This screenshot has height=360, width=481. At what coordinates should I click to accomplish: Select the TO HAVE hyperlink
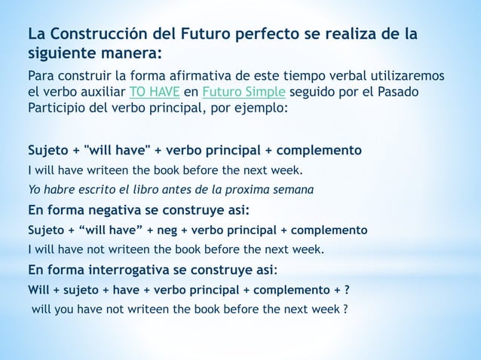154,92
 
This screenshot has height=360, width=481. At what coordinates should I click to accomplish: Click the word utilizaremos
404,76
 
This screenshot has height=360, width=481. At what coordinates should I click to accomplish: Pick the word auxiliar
105,92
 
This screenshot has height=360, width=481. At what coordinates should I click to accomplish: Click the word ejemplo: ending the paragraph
263,108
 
